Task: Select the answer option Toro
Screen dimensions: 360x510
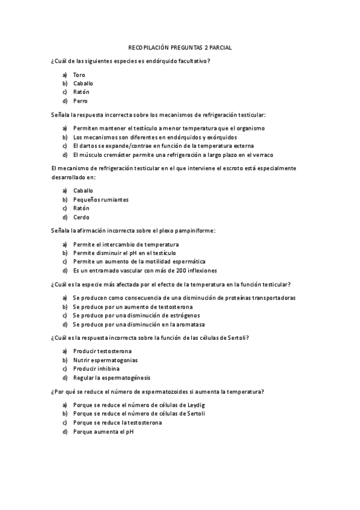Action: (x=79, y=75)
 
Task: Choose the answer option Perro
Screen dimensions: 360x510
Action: (x=81, y=101)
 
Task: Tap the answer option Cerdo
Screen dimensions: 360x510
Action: (x=81, y=217)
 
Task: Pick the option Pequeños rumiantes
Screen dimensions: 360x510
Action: (x=101, y=200)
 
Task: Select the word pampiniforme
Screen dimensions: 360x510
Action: (x=194, y=230)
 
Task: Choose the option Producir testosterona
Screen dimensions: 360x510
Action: (x=102, y=351)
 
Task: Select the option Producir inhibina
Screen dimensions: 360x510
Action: (x=96, y=369)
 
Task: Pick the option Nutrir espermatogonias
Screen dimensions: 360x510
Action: (x=105, y=360)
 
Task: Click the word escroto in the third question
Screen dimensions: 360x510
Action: (x=233, y=168)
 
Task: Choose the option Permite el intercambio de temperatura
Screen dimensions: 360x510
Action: (x=126, y=244)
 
